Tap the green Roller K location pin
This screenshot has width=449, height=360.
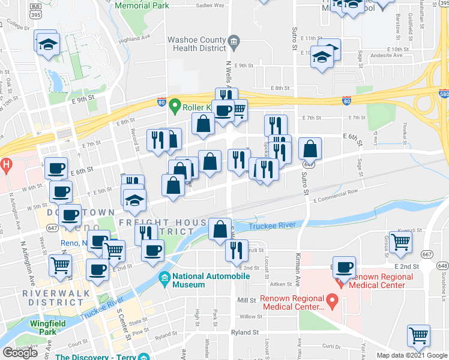pos(175,107)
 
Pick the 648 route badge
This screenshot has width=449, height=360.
pos(443,265)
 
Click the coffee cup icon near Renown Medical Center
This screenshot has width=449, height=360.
pos(345,267)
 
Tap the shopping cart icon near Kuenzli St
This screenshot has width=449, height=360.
pos(400,243)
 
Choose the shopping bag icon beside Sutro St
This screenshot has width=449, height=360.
pos(310,149)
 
